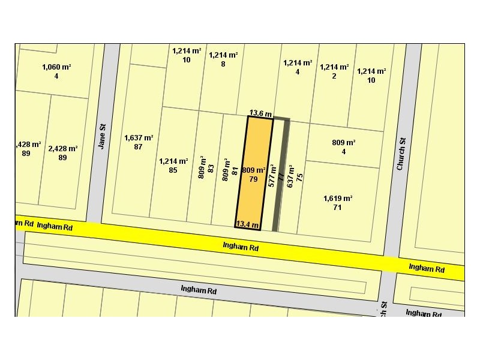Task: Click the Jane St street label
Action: [102, 136]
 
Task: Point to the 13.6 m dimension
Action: [261, 113]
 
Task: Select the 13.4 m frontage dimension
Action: [248, 225]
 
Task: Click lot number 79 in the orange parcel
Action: [253, 179]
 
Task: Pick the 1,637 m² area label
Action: [139, 138]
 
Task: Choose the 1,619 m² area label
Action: [338, 199]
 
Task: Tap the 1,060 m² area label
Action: [56, 67]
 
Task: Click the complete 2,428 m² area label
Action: [63, 148]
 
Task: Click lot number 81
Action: [235, 171]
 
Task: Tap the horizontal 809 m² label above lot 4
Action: [344, 142]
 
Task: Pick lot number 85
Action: [173, 170]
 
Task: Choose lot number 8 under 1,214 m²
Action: [223, 64]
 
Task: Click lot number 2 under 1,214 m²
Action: [334, 76]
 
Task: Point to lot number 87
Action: [139, 147]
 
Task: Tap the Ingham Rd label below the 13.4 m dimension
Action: [240, 246]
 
